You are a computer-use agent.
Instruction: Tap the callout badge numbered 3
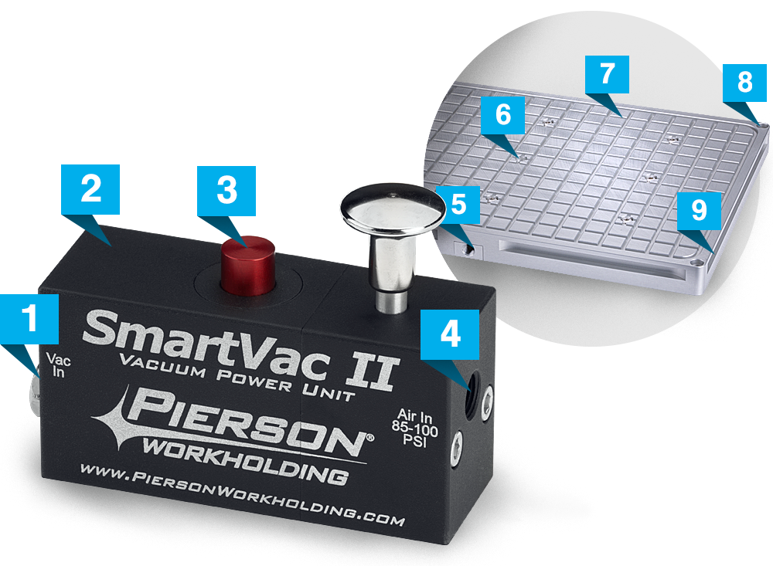pyautogui.click(x=226, y=191)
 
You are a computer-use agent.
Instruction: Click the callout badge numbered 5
pyautogui.click(x=459, y=204)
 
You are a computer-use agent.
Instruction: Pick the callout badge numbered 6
pyautogui.click(x=503, y=117)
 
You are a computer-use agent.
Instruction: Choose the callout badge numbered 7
pyautogui.click(x=608, y=75)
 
